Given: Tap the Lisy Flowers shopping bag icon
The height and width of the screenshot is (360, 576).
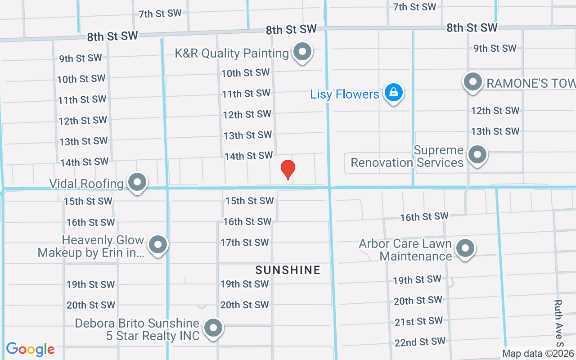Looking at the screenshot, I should point(394,93).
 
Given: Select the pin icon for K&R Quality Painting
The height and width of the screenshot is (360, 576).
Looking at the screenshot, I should point(302,52).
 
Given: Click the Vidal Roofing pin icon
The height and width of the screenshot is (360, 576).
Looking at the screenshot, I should point(137,183).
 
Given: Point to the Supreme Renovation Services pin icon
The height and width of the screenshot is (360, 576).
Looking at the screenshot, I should point(477,155).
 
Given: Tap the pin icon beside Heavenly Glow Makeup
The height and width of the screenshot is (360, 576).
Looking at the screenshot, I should point(157,245).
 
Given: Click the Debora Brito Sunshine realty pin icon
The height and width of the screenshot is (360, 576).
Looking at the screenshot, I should point(213,328).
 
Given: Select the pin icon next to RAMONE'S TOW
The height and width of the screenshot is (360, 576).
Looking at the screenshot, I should point(472,82).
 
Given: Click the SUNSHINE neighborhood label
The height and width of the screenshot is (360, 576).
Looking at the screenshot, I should point(288,270).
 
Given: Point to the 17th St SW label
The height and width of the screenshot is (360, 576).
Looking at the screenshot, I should point(245,243).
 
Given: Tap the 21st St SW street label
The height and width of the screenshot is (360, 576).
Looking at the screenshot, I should point(418,321).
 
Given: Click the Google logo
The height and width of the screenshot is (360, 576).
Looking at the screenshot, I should point(30,349).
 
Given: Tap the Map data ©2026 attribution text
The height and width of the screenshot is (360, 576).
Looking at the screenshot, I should point(538,353).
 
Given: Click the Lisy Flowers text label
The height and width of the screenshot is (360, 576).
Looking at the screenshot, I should point(345,94).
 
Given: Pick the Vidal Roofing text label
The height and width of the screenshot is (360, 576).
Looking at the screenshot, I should point(86,184).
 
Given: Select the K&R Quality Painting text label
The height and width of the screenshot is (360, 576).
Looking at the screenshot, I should point(232,53).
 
